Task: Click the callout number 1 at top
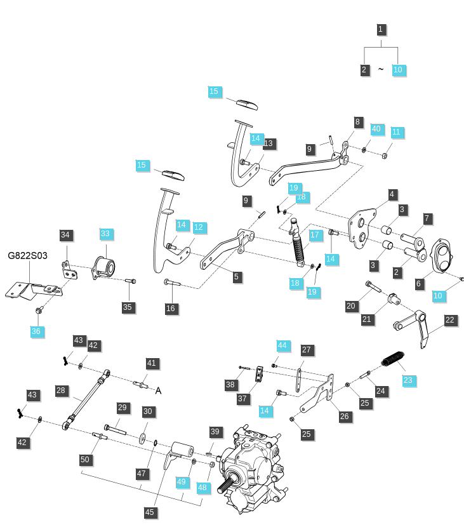[x=380, y=29]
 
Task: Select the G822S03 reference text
[x=27, y=256]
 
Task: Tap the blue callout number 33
[x=105, y=234]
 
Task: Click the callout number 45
[x=150, y=512]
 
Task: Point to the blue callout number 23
[x=408, y=380]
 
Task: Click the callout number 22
[x=450, y=320]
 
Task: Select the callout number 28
[x=61, y=390]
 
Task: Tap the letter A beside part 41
[x=158, y=391]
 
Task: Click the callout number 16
[x=171, y=309]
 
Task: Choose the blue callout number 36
[x=36, y=331]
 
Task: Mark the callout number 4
[x=392, y=194]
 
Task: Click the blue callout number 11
[x=397, y=132]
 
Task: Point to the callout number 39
[x=215, y=432]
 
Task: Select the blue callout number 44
[x=282, y=345]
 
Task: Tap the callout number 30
[x=148, y=411]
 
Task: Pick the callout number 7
[x=427, y=219]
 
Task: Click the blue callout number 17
[x=315, y=235]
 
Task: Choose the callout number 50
[x=85, y=459]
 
